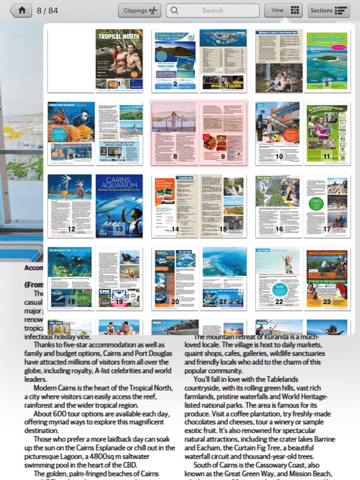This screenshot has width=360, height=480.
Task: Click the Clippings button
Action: [139, 10]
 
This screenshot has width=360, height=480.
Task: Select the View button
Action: [283, 10]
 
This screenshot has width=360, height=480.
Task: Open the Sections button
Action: [329, 10]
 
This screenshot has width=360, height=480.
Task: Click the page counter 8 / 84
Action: [47, 10]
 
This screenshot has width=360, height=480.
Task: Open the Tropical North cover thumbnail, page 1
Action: [119, 61]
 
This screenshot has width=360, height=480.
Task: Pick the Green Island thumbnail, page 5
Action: [326, 61]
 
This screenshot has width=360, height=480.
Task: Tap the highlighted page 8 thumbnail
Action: [175, 133]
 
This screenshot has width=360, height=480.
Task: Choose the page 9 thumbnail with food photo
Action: [223, 133]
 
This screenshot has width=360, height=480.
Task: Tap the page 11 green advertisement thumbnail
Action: [326, 133]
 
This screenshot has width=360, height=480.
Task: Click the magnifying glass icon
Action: [173, 10]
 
